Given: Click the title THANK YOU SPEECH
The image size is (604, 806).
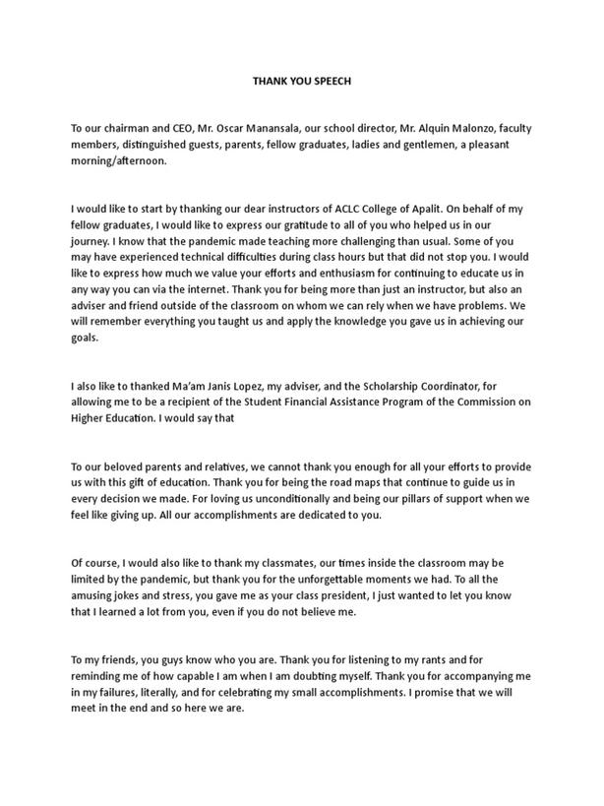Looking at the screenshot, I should tap(301, 82).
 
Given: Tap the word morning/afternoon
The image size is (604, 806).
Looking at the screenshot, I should tap(119, 163).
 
